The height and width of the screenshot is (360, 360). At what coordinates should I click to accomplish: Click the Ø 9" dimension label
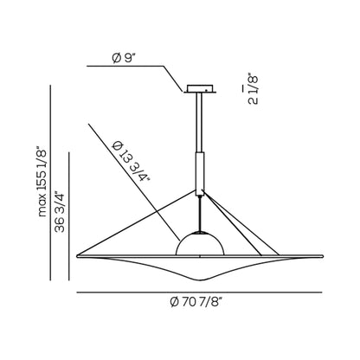(x=124, y=59)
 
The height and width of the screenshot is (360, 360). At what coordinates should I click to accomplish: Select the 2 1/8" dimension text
(x=254, y=89)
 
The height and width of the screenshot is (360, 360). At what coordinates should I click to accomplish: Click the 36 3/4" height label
(x=60, y=211)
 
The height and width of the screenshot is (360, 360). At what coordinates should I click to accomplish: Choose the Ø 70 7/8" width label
(x=196, y=303)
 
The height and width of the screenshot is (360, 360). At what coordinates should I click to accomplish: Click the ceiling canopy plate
(x=201, y=88)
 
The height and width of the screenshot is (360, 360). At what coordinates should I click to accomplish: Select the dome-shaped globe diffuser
(x=200, y=243)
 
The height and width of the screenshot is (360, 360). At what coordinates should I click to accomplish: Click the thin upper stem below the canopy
(x=200, y=122)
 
